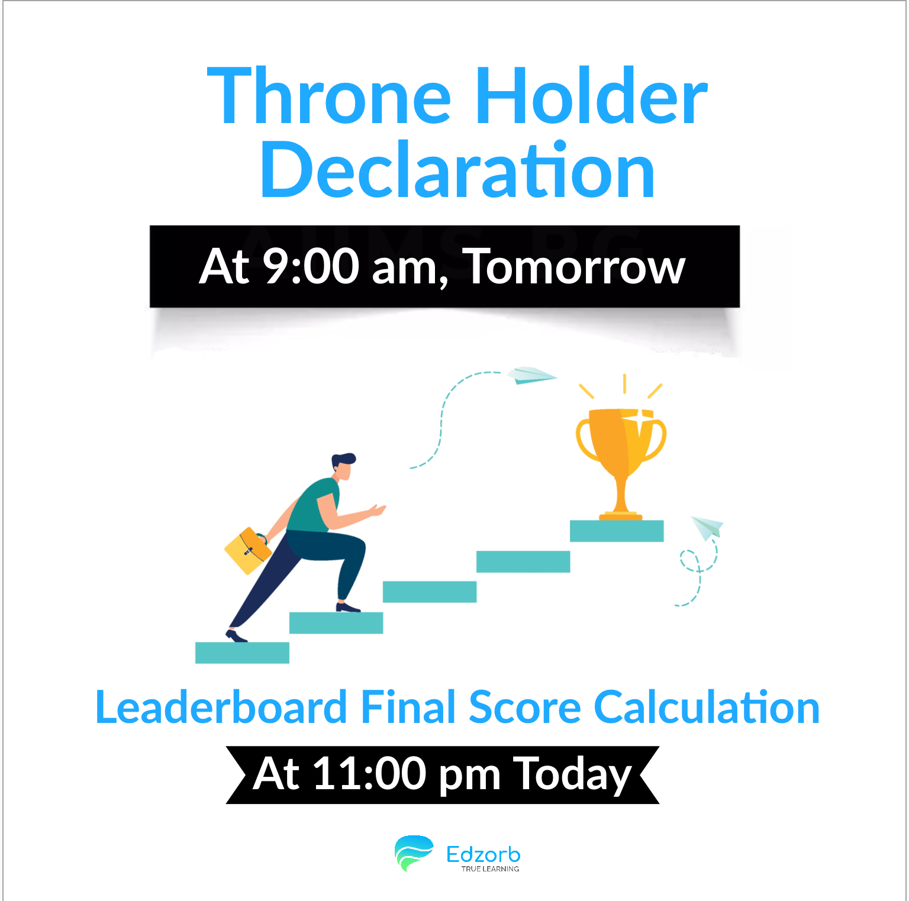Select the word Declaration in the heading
tap(457, 170)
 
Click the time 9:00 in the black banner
tap(311, 266)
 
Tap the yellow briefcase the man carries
tap(248, 550)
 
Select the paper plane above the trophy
tap(531, 375)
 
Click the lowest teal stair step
tap(242, 653)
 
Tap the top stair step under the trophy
tap(617, 531)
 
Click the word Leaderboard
tap(221, 707)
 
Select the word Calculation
tap(707, 707)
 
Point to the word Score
tap(525, 707)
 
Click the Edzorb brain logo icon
tap(414, 853)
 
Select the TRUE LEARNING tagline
tap(490, 869)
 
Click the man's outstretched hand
tap(377, 510)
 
